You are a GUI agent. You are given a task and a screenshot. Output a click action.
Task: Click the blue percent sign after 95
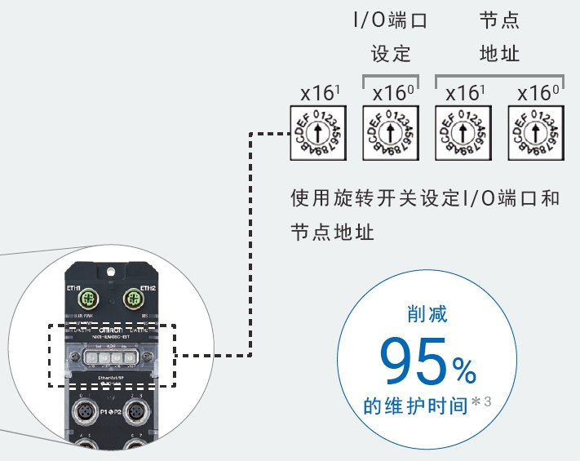coord(465,372)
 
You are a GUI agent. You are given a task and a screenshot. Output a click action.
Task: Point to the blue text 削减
coord(427,314)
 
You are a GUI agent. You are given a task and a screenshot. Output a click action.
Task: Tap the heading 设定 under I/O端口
coord(392,55)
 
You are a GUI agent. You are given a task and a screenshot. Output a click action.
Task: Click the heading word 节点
coord(499,20)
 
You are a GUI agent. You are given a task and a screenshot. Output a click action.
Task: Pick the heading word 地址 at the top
coord(499,55)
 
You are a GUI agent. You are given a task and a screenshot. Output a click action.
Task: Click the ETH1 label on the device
coord(74,288)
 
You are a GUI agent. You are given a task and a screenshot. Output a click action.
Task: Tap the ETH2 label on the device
coord(148,288)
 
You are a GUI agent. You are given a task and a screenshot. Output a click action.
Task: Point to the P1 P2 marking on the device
coord(112,412)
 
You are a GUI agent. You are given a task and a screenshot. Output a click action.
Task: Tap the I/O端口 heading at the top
coord(392,20)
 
